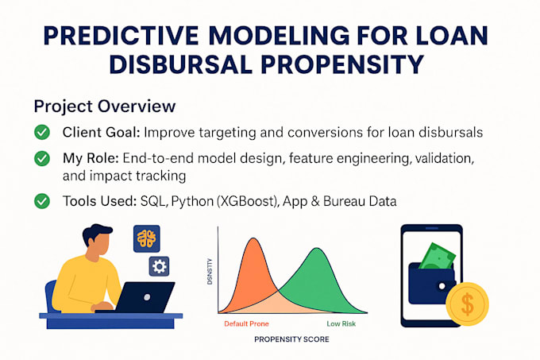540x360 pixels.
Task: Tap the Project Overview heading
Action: click(104, 106)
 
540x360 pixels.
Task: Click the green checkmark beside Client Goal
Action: click(42, 133)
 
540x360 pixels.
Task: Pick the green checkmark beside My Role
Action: click(42, 160)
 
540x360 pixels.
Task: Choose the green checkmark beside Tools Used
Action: click(42, 202)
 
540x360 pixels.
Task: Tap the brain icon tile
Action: click(146, 238)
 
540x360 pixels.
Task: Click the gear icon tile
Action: click(160, 266)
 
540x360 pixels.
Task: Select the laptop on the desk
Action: click(147, 298)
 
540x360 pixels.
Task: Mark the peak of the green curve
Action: click(316, 251)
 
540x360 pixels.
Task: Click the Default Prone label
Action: click(246, 324)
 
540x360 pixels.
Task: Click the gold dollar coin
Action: click(467, 304)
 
